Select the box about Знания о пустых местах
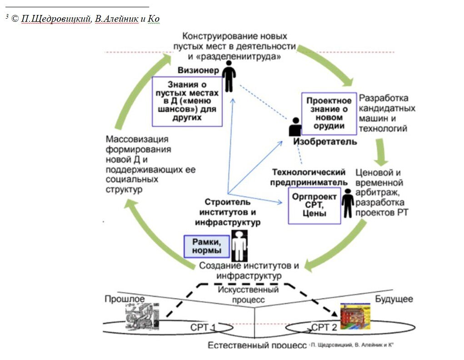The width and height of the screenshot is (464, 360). coord(187,101)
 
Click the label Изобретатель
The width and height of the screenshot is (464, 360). coord(324,142)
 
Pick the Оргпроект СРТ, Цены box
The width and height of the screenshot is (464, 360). coord(314,205)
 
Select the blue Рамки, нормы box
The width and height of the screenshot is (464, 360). coord(206,246)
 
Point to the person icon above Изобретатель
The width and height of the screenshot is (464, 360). coord(295,128)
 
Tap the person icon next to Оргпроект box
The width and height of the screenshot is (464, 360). coord(348,204)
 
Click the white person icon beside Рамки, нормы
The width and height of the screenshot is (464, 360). coord(238,245)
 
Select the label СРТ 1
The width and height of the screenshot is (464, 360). coord(203,328)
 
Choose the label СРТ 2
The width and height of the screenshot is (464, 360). coord(324,328)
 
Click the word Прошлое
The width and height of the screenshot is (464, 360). coord(125,299)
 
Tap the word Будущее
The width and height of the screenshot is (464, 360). coord(394,299)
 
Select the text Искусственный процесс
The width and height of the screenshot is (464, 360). coord(248,295)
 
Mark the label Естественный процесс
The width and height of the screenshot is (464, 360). coord(257,345)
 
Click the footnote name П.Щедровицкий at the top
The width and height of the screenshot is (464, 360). coord(55,19)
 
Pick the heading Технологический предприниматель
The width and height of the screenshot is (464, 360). coord(309,177)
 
